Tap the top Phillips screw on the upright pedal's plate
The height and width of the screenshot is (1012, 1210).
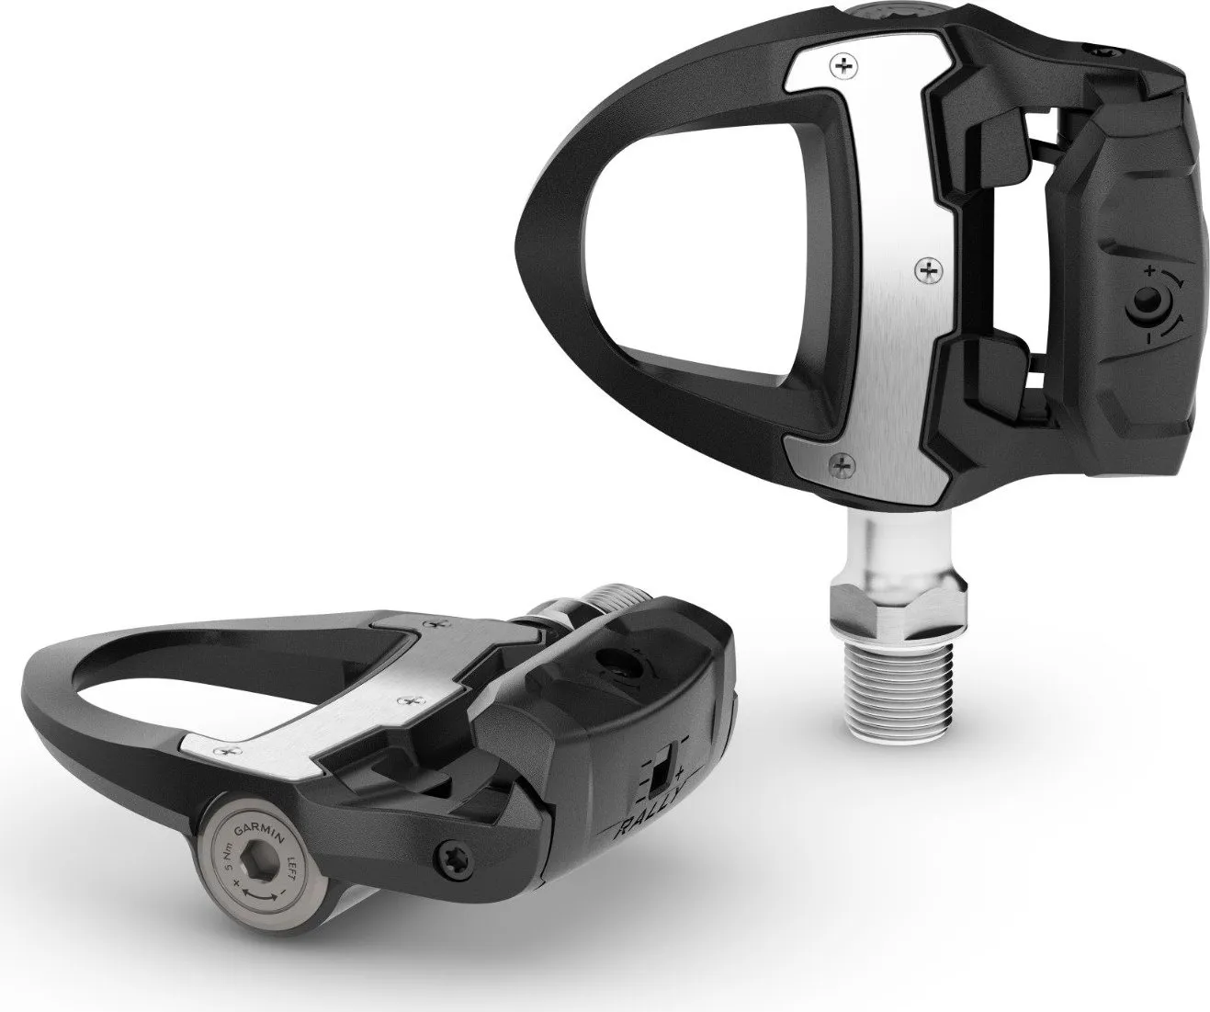click(x=838, y=64)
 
